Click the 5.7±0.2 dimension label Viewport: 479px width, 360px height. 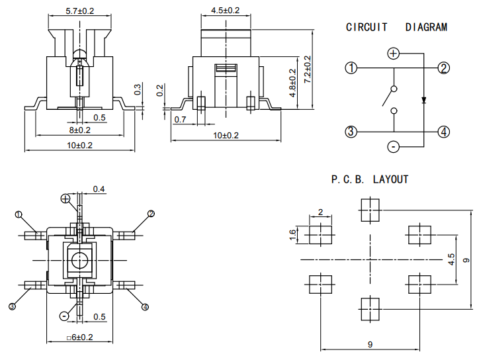point(80,11)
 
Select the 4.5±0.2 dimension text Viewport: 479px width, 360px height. point(226,11)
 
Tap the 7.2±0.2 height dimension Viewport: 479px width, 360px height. point(308,69)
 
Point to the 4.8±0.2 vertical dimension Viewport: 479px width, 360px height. point(292,83)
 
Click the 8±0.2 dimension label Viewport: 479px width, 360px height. point(80,130)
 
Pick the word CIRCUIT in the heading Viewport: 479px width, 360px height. point(367,27)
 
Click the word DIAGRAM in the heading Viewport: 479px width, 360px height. point(426,27)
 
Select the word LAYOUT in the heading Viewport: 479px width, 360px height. point(391,179)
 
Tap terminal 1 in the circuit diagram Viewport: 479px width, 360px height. point(351,68)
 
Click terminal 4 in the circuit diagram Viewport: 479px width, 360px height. point(443,132)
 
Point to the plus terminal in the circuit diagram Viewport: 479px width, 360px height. point(393,54)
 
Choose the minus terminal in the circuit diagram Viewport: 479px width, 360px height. point(393,147)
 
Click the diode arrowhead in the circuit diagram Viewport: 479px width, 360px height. point(423,100)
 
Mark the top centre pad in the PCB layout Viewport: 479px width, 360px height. point(370,210)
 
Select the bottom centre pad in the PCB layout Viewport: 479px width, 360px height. point(370,309)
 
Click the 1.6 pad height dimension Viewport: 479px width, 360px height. point(292,235)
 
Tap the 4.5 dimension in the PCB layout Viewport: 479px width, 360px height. point(451,259)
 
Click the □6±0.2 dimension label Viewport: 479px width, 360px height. point(80,337)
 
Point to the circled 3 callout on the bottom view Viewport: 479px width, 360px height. point(12,306)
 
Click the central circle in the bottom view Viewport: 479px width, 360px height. point(80,260)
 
